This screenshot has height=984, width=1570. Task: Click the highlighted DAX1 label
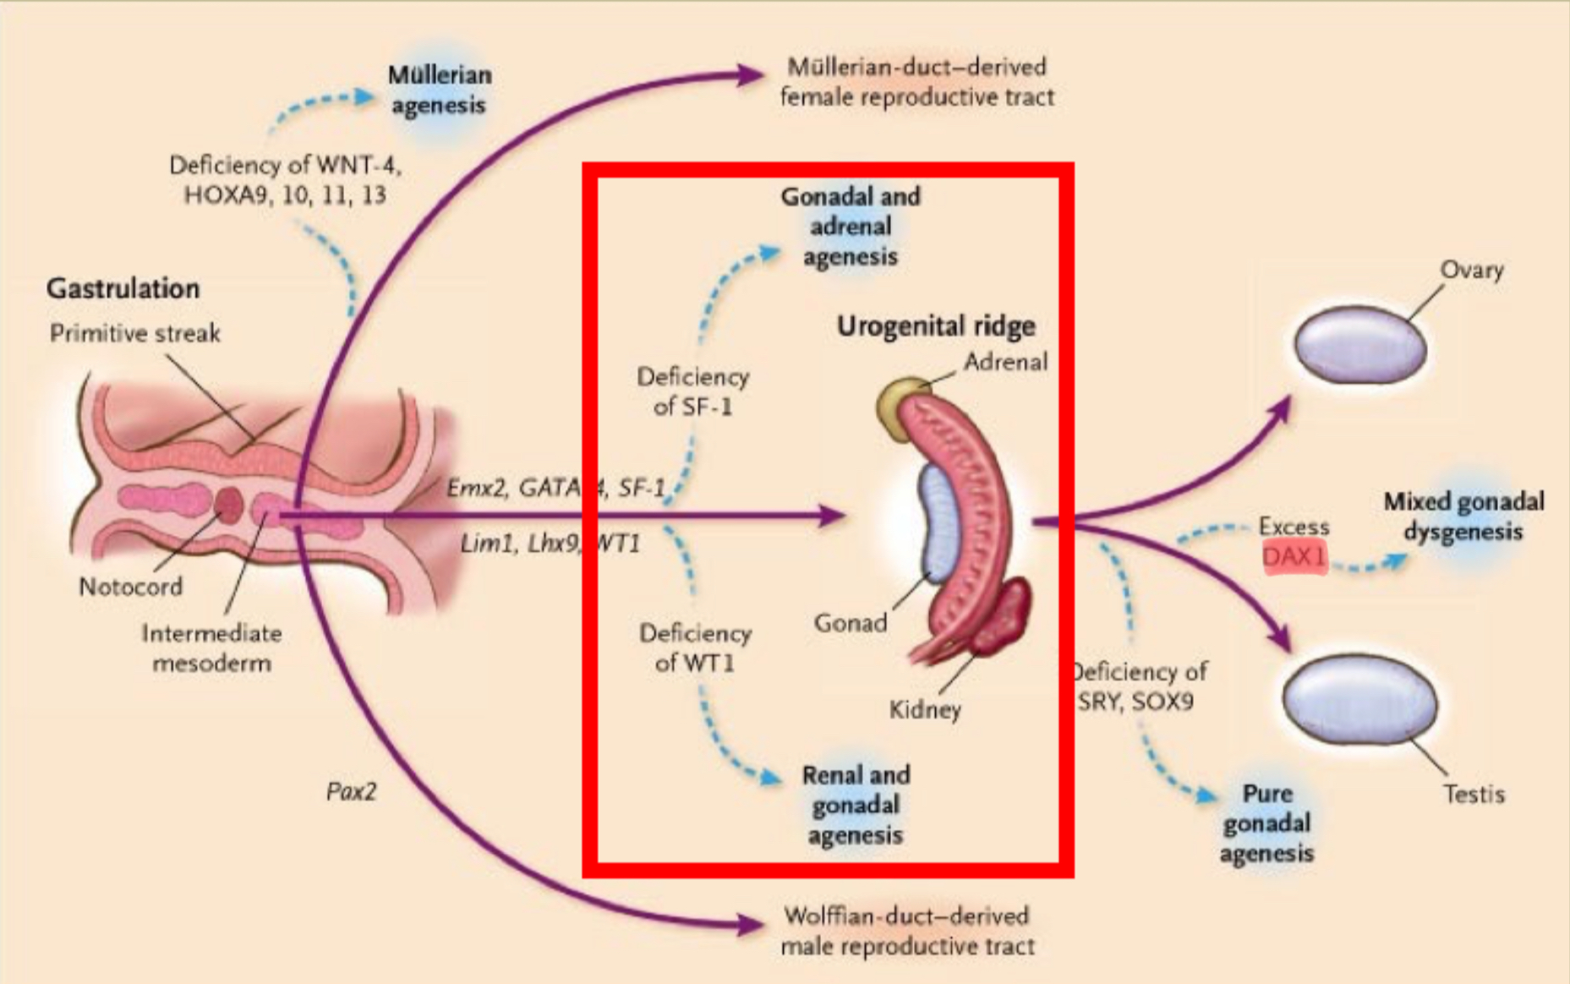coord(1294,557)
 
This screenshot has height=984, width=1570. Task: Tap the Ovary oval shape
coord(1360,344)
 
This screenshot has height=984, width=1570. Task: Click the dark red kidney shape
coord(1005,613)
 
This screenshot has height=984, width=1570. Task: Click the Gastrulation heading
coord(123,288)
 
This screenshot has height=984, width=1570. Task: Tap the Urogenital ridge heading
coord(936,325)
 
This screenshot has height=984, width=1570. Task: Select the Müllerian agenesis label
coord(439,90)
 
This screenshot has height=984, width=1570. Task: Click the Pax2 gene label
coord(351,791)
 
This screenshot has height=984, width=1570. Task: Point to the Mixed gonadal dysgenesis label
coord(1463,517)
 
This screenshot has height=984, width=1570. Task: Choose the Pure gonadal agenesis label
coord(1266,823)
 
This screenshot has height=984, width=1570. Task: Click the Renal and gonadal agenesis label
coord(856,805)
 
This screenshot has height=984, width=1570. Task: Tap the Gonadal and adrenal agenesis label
coord(850,227)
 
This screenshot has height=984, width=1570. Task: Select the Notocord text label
coord(130,586)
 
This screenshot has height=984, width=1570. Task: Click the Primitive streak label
coord(135,333)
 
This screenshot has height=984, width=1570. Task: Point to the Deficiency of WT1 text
coord(695,648)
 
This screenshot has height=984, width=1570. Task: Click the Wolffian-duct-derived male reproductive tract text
coord(907,931)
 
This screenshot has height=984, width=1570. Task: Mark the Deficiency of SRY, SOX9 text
coord(1138,686)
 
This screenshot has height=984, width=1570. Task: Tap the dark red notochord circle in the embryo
coord(228,505)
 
